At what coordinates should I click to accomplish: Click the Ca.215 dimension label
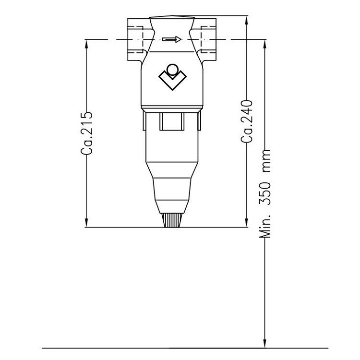click(87, 133)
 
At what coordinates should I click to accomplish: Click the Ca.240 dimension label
click(247, 121)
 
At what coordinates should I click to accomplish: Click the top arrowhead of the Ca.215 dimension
click(87, 44)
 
